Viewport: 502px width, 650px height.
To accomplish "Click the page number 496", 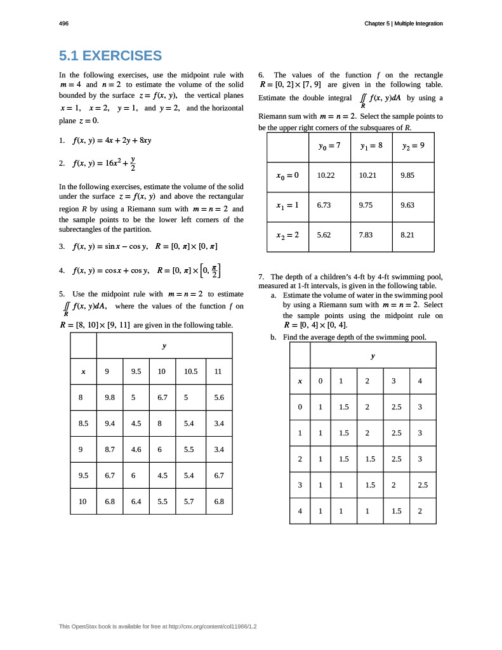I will (x=63, y=23).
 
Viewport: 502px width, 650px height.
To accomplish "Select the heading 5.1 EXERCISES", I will (x=110, y=56).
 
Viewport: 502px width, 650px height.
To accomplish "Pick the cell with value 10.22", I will (x=326, y=175).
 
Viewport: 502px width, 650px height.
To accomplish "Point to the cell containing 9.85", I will (x=407, y=175).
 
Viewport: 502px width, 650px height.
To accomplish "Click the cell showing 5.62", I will (x=324, y=234).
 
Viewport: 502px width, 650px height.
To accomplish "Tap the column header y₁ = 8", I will (x=371, y=145).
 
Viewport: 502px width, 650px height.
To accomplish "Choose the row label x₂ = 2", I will (x=287, y=234).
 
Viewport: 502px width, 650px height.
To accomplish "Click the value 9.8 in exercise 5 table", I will (x=110, y=397).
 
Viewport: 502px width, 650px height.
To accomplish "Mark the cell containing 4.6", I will (x=136, y=449).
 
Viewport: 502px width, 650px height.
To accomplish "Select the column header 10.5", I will (x=190, y=372).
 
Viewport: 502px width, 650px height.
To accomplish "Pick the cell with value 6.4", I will (x=136, y=501).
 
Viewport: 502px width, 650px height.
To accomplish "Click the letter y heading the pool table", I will (x=373, y=356).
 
